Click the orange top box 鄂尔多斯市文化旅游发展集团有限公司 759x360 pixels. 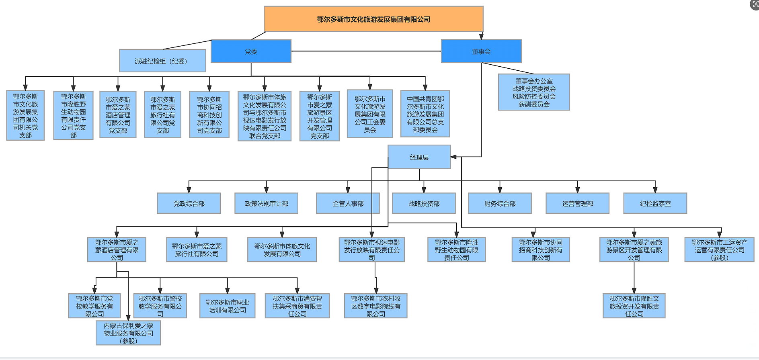[x=373, y=19]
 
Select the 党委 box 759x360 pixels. [x=251, y=51]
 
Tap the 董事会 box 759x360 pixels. [x=481, y=51]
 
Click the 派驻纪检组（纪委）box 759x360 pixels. [x=162, y=61]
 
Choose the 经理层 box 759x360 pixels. [x=419, y=157]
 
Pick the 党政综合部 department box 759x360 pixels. [x=189, y=203]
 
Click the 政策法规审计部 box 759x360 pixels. [x=266, y=203]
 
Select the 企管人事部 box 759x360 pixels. [x=348, y=203]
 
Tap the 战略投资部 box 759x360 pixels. [x=424, y=203]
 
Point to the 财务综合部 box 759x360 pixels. [x=500, y=203]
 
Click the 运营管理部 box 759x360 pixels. [x=577, y=203]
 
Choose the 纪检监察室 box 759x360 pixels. [x=655, y=203]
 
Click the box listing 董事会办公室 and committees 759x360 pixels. [x=534, y=92]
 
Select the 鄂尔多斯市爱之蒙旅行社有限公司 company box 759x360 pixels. [x=197, y=250]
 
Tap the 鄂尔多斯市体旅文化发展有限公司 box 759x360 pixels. [x=282, y=250]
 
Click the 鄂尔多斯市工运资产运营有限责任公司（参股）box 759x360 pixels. [x=719, y=250]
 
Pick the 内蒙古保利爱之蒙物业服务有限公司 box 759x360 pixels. [x=128, y=333]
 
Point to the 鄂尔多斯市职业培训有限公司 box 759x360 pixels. [x=227, y=306]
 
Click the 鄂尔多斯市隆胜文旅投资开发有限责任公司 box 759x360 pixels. [x=634, y=306]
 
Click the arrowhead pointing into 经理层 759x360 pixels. [x=454, y=157]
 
